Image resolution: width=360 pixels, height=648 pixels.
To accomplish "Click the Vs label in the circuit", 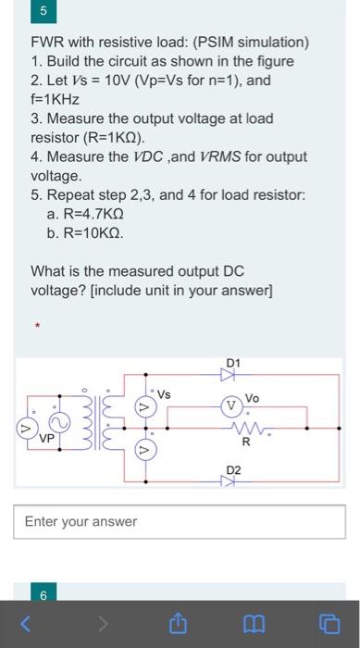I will point(163,394).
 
